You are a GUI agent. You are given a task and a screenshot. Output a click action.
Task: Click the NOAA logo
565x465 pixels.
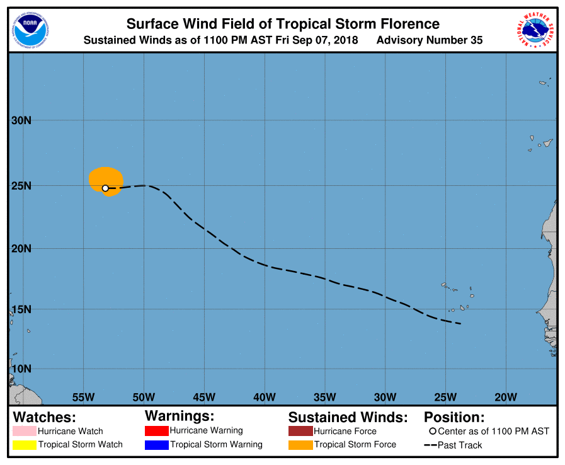pyautogui.click(x=30, y=30)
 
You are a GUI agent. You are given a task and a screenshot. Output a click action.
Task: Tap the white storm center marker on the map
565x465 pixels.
pyautogui.click(x=105, y=188)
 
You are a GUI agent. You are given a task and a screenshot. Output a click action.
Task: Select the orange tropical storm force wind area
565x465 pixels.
pyautogui.click(x=106, y=181)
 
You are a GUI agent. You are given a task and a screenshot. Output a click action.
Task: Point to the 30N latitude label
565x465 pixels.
pyautogui.click(x=21, y=120)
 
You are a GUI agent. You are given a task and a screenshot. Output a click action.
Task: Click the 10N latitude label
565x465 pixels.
pyautogui.click(x=21, y=369)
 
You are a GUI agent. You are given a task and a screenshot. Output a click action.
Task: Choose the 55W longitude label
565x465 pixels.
pyautogui.click(x=83, y=397)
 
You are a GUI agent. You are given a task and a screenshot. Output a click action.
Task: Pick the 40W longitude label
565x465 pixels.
pyautogui.click(x=265, y=397)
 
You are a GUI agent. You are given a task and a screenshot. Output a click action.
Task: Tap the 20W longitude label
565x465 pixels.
pyautogui.click(x=506, y=397)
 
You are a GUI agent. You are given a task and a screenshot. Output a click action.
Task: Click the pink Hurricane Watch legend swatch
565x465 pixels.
pyautogui.click(x=25, y=431)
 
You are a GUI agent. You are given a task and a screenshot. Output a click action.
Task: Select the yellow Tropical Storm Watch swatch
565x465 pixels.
pyautogui.click(x=25, y=445)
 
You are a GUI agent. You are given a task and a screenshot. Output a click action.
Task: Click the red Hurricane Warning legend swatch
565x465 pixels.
pyautogui.click(x=157, y=431)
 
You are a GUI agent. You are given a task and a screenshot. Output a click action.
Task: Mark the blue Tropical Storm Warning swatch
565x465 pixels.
pyautogui.click(x=157, y=445)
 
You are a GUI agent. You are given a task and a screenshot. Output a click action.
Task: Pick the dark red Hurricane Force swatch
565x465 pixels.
pyautogui.click(x=300, y=431)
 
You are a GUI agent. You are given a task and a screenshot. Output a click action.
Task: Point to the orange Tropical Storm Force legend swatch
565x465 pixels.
pyautogui.click(x=300, y=445)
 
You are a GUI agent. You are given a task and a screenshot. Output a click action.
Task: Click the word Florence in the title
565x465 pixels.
pyautogui.click(x=410, y=24)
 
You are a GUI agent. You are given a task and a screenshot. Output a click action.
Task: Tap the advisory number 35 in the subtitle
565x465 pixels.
pyautogui.click(x=476, y=40)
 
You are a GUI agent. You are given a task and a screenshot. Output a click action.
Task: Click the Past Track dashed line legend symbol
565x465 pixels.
pyautogui.click(x=431, y=445)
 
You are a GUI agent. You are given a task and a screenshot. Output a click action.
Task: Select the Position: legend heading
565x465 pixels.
pyautogui.click(x=454, y=417)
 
